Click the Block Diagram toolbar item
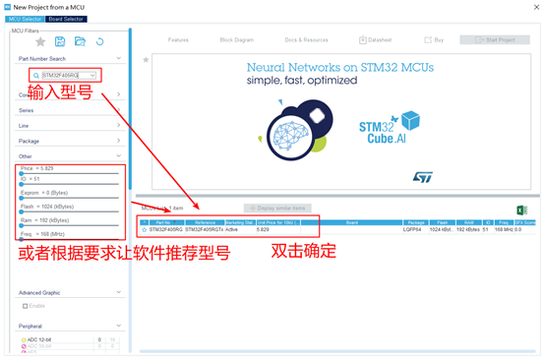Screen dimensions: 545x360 coord(236,39)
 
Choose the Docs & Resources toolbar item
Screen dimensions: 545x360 coord(306,39)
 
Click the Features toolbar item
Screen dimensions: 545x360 coord(178,39)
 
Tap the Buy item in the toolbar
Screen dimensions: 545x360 coord(435,39)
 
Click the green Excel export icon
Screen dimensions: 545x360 coord(521,210)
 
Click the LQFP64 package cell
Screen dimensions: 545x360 coord(416,229)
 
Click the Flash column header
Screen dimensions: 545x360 coord(446,222)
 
